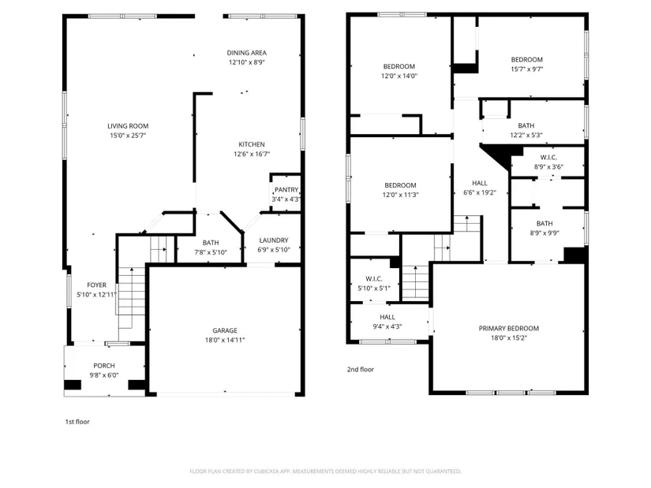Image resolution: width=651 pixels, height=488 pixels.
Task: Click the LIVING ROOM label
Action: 128,126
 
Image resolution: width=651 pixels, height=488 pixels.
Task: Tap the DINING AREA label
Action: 247,53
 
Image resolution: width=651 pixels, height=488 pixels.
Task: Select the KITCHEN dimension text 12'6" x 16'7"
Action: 252,154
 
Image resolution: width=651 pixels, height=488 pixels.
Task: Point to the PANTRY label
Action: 286,190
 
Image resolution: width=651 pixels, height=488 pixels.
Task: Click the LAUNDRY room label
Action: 274,240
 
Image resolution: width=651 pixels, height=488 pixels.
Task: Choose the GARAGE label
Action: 225,330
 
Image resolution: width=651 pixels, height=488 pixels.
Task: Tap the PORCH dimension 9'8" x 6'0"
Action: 104,375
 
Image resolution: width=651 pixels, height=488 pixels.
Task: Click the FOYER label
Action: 97,285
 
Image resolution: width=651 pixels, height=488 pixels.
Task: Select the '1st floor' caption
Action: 77,422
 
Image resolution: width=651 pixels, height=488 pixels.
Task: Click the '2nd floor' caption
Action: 361,369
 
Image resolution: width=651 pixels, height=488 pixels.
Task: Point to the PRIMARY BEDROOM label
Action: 509,328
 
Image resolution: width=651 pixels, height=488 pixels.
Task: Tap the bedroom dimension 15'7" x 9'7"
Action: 527,69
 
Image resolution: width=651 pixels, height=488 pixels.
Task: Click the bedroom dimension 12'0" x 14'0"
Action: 399,76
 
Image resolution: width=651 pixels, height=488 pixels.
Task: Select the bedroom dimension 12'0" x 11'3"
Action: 401,195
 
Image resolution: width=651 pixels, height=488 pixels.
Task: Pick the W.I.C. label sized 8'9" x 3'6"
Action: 548,157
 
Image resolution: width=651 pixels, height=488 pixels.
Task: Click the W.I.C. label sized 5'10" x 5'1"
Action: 374,279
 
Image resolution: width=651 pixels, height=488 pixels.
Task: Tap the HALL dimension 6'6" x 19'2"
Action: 480,192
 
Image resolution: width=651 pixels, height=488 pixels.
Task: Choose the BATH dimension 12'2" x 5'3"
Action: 526,135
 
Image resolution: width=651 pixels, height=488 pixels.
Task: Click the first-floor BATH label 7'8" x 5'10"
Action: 211,243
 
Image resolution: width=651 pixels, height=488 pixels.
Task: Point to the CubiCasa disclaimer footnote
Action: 325,471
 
